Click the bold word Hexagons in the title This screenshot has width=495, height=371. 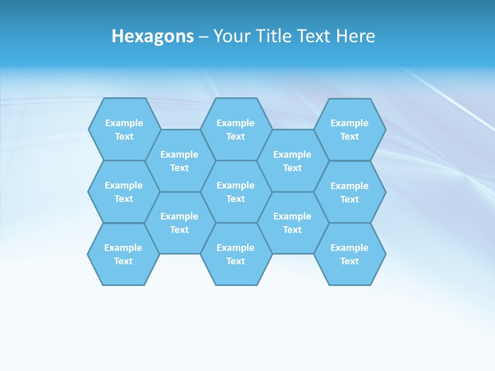coord(153,36)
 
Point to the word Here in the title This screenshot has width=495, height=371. coord(356,36)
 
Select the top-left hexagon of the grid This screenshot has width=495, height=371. coord(124,129)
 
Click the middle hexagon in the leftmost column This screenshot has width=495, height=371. coord(124,192)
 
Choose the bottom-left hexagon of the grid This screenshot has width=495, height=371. coord(123,254)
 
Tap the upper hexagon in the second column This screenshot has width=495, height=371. coord(179,161)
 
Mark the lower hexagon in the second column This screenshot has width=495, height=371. coord(179,223)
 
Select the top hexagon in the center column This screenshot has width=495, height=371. coord(236,129)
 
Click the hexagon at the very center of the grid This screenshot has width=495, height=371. coord(236,192)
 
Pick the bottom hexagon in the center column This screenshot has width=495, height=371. coord(236,254)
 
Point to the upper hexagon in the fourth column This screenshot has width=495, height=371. coord(292,161)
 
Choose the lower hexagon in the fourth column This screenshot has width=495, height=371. coord(292,223)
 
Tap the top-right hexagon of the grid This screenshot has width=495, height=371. coord(350,129)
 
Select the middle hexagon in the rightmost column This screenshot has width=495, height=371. coord(350,192)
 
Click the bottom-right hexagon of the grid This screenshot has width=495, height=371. coord(350,254)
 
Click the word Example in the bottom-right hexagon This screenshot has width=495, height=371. coord(350,248)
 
